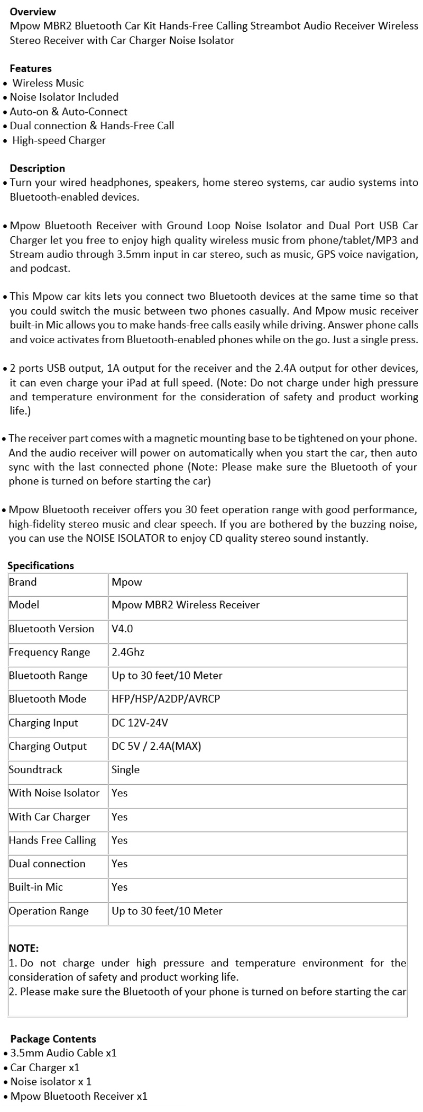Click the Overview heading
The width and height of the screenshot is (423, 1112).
point(33,11)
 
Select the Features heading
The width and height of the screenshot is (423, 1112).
point(31,68)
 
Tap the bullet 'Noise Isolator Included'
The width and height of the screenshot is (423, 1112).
point(64,97)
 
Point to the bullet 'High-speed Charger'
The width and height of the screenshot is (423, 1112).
point(59,140)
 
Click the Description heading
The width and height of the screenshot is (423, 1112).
point(37,168)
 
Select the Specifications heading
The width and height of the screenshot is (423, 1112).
point(41,566)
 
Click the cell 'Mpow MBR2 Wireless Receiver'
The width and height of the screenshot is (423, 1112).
point(186,605)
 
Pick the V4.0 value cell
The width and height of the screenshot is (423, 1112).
point(122,629)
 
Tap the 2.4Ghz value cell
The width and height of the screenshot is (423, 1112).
point(128,652)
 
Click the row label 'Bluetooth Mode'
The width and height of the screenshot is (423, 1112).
point(48,698)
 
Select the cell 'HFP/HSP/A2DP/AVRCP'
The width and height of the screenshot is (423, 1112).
point(165,698)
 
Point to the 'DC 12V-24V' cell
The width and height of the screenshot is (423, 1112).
point(140,723)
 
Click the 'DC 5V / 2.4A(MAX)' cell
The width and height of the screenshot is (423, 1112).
point(156,746)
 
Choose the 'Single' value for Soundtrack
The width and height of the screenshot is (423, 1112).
point(125,769)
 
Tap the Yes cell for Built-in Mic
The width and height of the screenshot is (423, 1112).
point(119,887)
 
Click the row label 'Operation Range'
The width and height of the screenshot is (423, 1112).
point(49,911)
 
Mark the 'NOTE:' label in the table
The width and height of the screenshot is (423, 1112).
point(24,948)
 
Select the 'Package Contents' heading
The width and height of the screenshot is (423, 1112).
point(53,1039)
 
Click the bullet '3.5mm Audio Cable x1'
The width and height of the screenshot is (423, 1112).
point(63,1053)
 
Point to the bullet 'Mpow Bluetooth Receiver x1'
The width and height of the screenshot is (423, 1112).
point(79,1096)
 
